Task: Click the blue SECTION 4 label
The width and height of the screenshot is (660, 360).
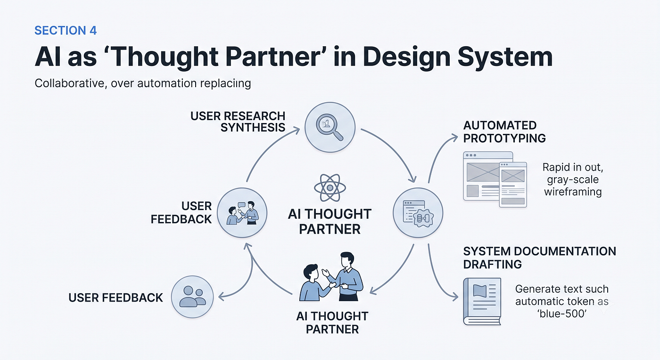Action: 66,31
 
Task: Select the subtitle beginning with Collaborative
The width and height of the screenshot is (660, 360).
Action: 142,83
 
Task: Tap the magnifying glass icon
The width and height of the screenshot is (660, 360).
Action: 330,127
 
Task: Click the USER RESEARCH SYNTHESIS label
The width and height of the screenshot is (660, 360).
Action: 238,122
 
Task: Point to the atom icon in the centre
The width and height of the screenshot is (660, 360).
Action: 330,188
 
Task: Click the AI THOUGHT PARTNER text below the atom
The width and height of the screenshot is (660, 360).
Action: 330,221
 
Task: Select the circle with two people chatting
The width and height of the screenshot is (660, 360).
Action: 242,213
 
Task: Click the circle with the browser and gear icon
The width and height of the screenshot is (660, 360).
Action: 418,213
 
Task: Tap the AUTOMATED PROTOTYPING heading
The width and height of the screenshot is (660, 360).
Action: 504,131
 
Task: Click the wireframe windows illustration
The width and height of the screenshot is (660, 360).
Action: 495,180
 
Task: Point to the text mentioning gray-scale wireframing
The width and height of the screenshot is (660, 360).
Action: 573,180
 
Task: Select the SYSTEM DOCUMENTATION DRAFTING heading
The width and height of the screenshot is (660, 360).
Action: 539,258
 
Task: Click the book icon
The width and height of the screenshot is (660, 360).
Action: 482,302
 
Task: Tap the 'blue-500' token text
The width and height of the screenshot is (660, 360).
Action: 561,314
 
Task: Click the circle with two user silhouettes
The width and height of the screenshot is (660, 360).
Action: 192,297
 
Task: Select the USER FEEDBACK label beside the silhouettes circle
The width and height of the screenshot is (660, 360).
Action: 115,297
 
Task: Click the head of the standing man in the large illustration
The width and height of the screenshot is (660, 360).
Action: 347,260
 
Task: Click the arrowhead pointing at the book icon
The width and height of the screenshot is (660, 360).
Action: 455,297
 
